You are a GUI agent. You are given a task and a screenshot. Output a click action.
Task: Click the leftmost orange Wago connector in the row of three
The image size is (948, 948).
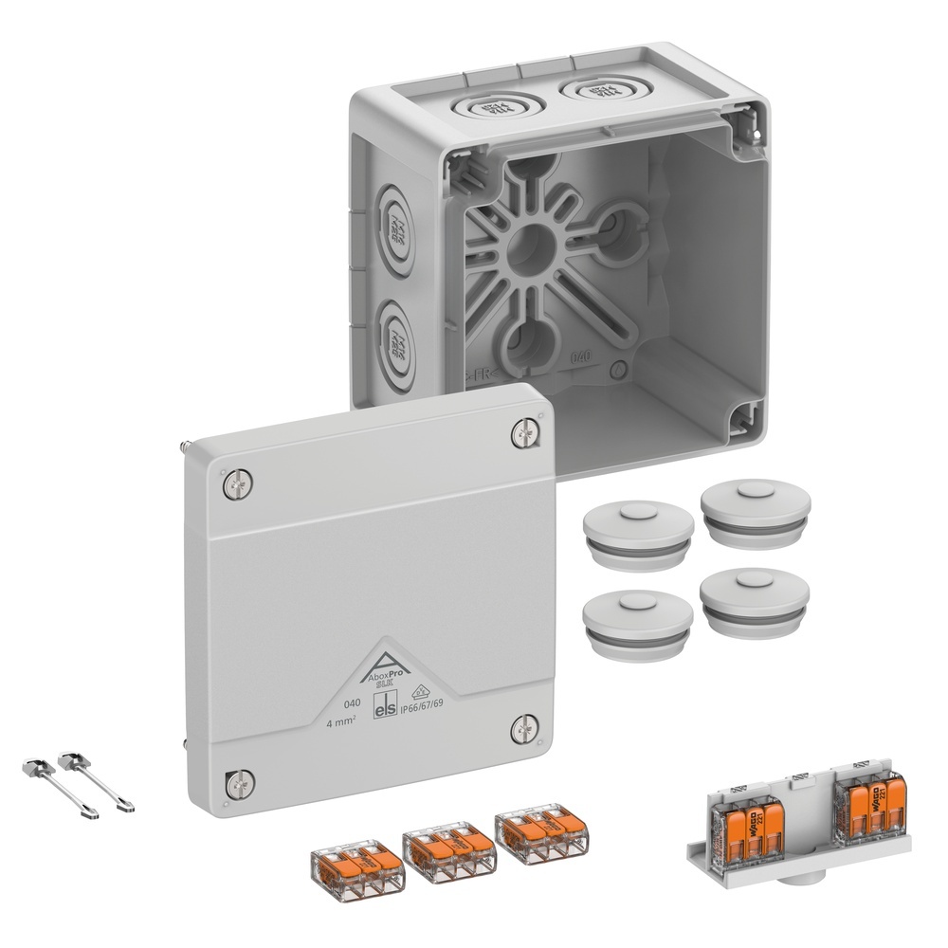(x=357, y=866)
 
